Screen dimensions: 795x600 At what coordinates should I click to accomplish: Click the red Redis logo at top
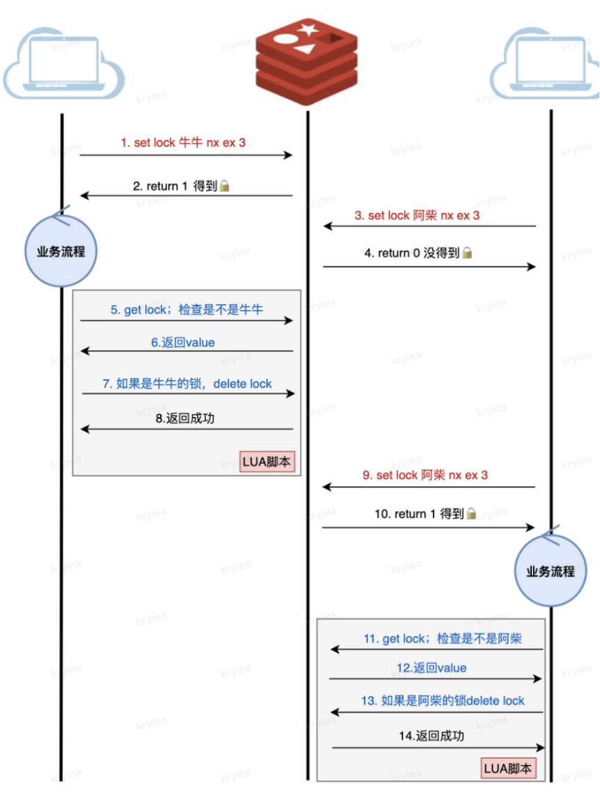click(306, 59)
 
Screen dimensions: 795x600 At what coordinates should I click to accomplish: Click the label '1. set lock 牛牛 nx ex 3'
click(183, 143)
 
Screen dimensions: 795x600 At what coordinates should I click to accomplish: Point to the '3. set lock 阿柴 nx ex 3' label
click(417, 216)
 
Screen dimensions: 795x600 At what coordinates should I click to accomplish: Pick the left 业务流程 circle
click(61, 251)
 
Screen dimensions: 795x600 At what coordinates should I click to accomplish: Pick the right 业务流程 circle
click(550, 572)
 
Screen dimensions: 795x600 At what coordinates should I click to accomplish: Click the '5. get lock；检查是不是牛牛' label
click(187, 310)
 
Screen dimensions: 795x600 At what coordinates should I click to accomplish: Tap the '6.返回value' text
click(183, 343)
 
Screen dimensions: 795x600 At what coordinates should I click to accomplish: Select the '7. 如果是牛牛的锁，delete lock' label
click(187, 384)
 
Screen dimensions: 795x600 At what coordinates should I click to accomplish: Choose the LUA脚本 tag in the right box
click(508, 769)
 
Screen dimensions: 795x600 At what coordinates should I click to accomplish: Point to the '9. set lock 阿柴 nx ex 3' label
click(425, 475)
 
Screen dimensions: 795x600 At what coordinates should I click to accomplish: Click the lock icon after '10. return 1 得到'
click(471, 514)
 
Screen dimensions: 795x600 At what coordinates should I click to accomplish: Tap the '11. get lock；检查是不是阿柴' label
click(443, 639)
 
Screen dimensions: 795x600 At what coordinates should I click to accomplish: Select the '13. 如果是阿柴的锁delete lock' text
click(443, 701)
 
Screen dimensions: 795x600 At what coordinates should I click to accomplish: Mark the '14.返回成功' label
click(431, 736)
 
